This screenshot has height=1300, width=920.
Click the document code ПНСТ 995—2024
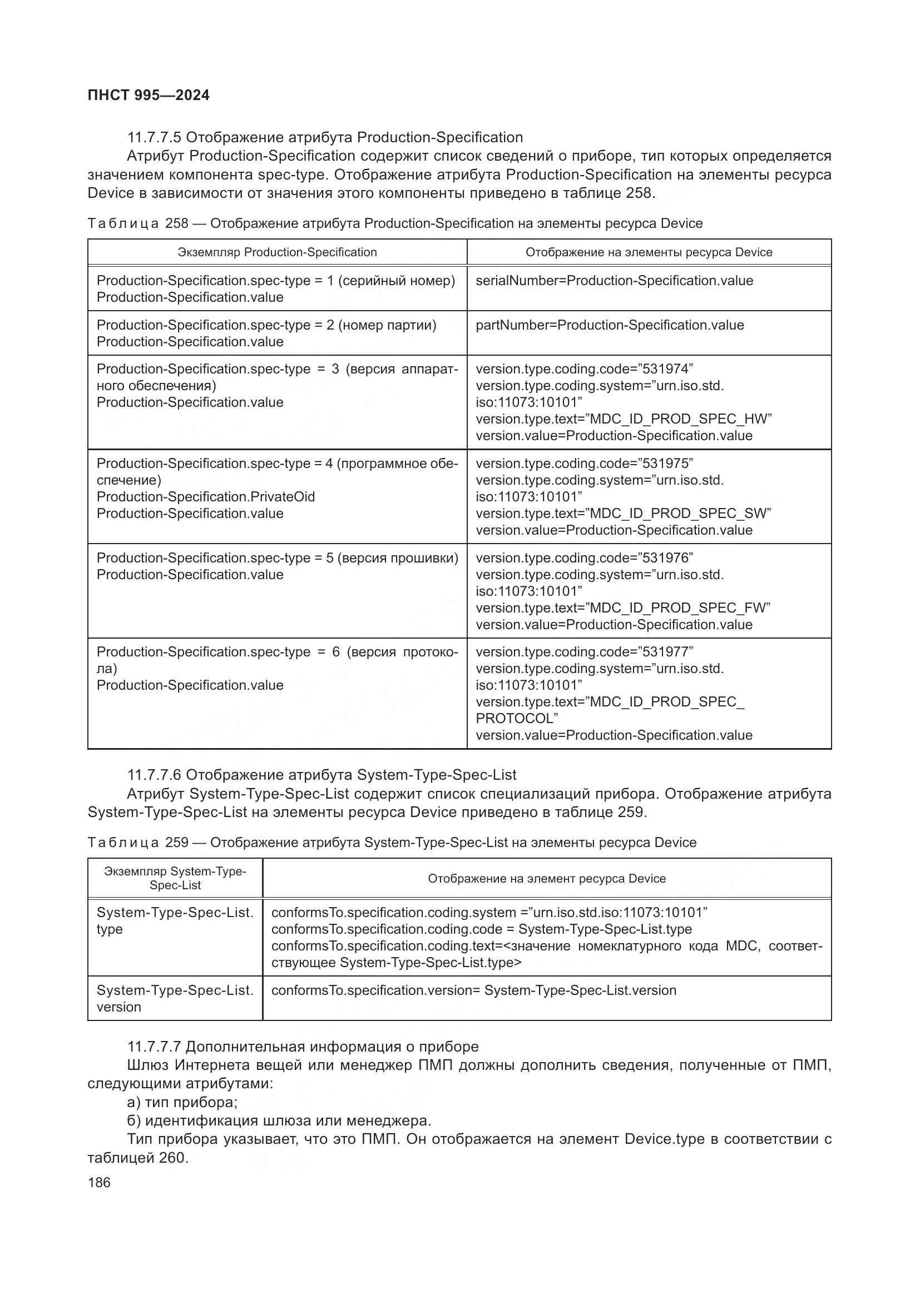[149, 95]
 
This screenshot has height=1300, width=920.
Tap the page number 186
[99, 1182]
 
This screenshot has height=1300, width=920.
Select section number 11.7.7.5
[154, 138]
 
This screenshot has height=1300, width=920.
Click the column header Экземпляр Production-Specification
[277, 252]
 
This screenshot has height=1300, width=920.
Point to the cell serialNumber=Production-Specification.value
[614, 281]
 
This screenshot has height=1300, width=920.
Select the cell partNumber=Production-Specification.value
[610, 325]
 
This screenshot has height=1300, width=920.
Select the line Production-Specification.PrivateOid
[206, 497]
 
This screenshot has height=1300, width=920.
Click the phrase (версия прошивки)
[398, 558]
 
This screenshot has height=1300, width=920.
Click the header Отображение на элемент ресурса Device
[547, 879]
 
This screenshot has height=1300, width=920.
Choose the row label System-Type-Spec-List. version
[175, 999]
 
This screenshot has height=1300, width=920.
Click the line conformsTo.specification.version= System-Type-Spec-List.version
[473, 991]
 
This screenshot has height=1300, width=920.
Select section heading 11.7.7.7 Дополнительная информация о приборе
[303, 1047]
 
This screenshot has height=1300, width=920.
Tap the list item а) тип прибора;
[182, 1102]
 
